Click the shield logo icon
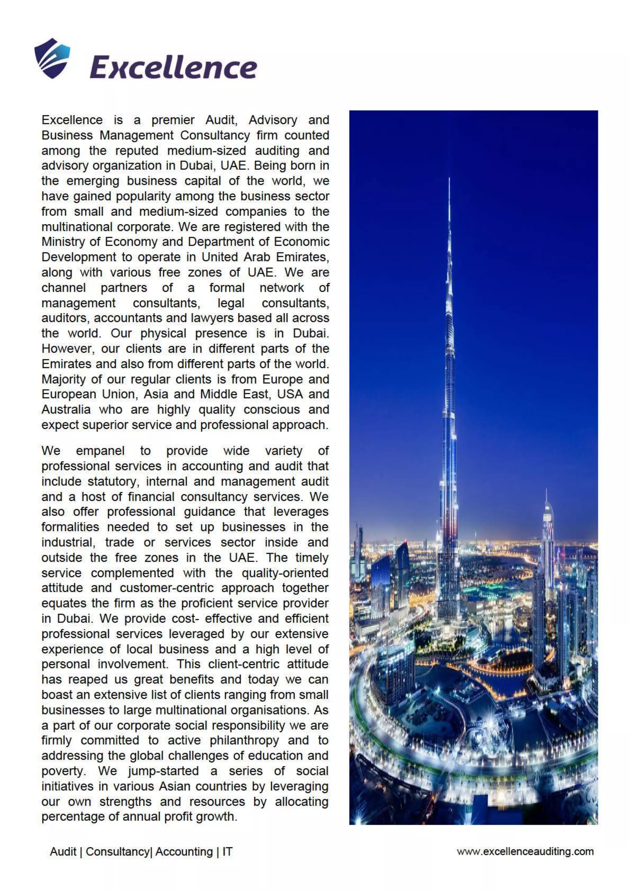tap(52, 58)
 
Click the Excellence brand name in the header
tap(173, 67)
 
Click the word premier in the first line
tap(173, 120)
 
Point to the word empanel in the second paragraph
tap(100, 451)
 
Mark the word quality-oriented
tap(285, 573)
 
